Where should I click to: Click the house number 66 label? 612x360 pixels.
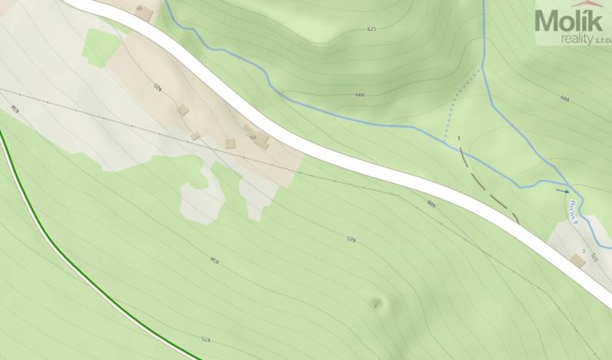tap(139, 8)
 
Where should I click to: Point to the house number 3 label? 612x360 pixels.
tap(584, 252)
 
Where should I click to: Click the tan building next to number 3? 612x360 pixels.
tap(579, 262)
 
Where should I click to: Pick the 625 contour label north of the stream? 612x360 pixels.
tap(372, 29)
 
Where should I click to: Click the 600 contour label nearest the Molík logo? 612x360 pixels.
tap(565, 98)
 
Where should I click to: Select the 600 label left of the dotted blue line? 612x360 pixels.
tap(360, 95)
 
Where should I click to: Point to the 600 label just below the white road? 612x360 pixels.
tap(431, 204)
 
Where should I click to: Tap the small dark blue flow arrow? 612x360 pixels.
tap(564, 190)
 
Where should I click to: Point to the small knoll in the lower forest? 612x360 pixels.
tap(377, 303)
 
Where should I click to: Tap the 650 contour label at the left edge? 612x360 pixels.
tap(14, 108)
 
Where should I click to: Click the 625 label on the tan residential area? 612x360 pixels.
tap(158, 88)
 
